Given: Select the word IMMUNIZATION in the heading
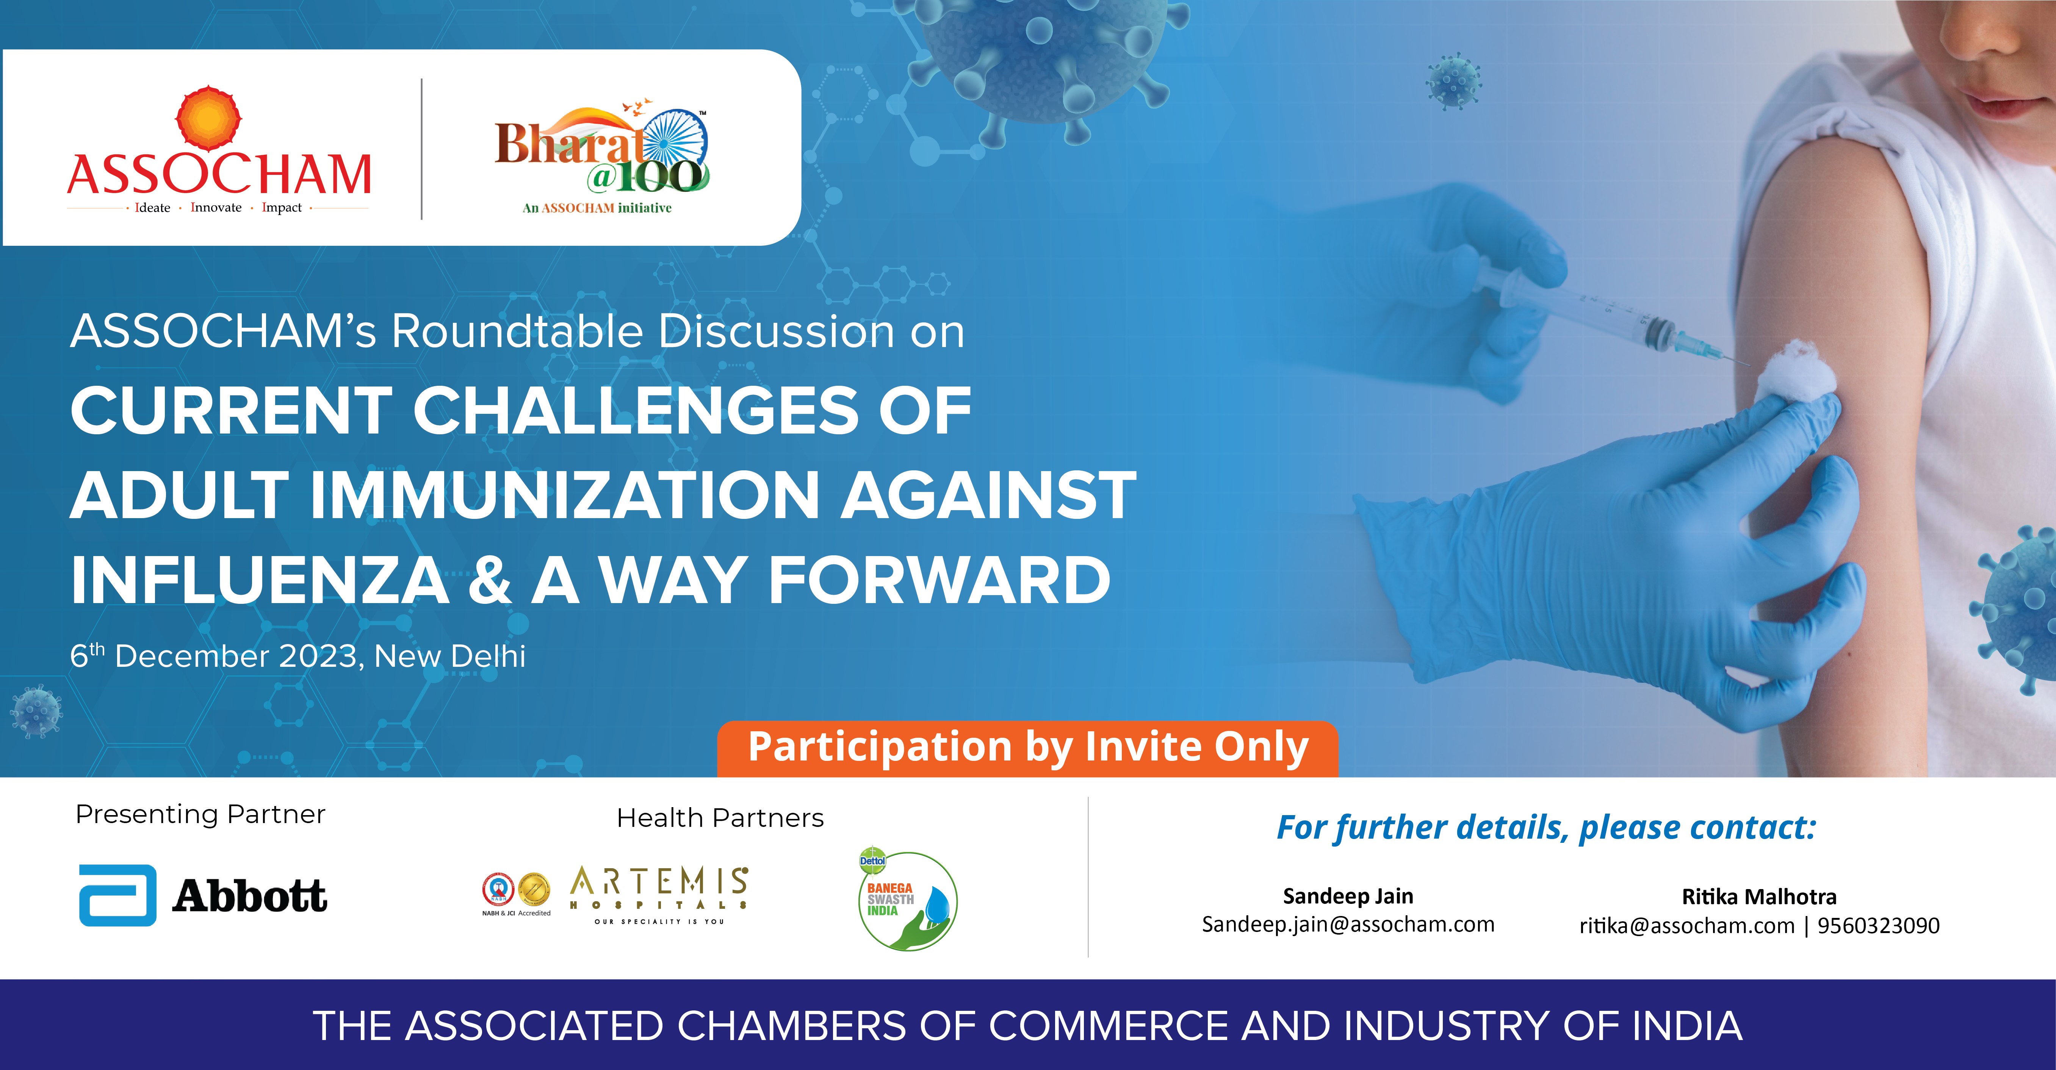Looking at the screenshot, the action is click(565, 495).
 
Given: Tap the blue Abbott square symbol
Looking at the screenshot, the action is click(117, 895).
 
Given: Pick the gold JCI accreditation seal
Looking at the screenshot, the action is click(534, 889).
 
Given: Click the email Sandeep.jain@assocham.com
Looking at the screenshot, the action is click(1348, 925).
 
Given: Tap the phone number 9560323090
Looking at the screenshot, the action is click(1879, 925).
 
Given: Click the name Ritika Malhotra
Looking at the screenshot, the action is click(1759, 897).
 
